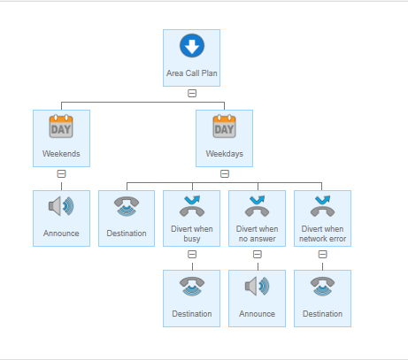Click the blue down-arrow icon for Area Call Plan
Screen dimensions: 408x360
pos(192,46)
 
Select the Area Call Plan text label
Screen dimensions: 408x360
pos(192,73)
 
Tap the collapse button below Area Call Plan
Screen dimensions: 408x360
pos(192,94)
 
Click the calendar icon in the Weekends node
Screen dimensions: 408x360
pos(61,126)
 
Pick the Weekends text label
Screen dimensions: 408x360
pos(61,154)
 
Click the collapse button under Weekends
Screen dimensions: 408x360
pos(61,173)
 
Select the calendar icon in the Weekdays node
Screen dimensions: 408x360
pos(224,126)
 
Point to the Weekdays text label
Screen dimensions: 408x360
pos(225,154)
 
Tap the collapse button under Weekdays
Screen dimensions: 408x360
pos(225,173)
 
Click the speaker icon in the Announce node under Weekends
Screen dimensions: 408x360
pos(61,206)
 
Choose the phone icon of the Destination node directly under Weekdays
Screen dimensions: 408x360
pos(127,206)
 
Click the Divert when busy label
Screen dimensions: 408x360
pos(192,234)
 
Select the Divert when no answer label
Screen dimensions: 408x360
pos(258,234)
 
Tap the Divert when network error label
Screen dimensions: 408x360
pos(322,234)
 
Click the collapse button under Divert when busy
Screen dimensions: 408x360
pos(192,254)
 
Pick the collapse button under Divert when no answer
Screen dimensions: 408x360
pos(258,254)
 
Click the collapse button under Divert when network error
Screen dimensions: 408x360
pos(322,254)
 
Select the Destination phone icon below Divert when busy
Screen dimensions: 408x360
pos(192,287)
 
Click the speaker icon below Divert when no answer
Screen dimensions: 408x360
pos(258,286)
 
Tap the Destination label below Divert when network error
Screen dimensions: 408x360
pos(322,314)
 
